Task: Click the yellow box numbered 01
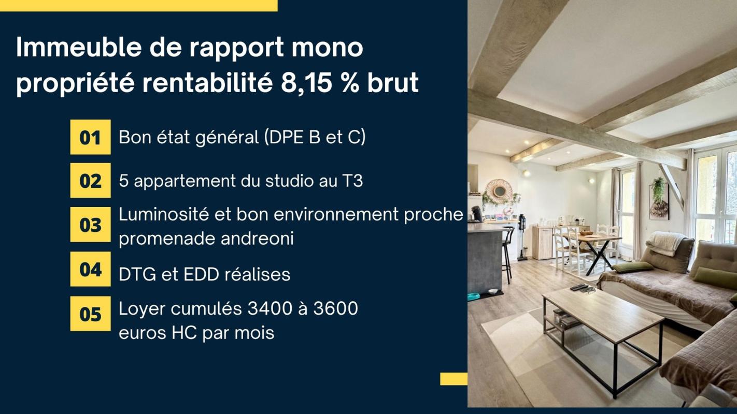pyautogui.click(x=90, y=137)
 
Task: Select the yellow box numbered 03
pyautogui.click(x=90, y=225)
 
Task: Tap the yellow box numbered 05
pyautogui.click(x=90, y=314)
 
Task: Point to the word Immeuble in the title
pyautogui.click(x=73, y=48)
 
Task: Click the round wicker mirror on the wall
pyautogui.click(x=499, y=191)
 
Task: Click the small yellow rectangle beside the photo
pyautogui.click(x=453, y=379)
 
